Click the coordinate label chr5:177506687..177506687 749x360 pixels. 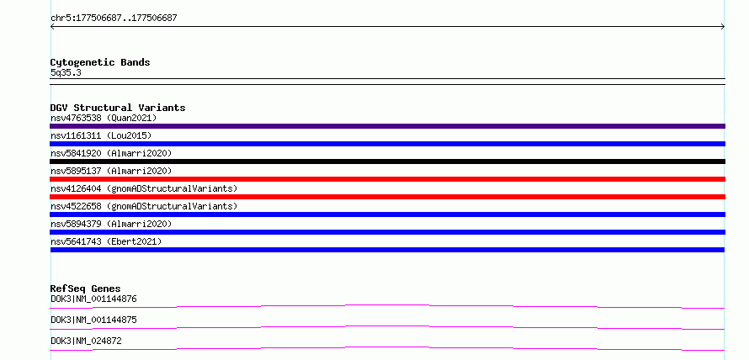114,19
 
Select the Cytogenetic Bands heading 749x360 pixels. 100,62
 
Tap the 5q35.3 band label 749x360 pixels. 66,72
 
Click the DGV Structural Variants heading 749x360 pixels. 118,108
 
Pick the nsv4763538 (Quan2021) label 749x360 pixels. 104,118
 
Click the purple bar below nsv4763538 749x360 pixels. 387,126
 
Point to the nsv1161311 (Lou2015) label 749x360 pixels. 101,135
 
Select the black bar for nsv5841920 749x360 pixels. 387,161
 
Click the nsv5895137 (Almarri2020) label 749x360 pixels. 111,171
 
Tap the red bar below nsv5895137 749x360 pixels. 387,179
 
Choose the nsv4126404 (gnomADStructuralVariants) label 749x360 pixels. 144,188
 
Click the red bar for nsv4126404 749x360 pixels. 387,197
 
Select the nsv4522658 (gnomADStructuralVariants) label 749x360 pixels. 144,206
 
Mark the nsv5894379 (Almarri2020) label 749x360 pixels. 111,224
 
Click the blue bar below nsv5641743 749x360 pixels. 387,250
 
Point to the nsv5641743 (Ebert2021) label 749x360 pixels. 106,241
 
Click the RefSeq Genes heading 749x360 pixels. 85,289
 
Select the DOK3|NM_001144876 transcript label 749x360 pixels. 93,299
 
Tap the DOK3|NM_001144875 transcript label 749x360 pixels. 93,320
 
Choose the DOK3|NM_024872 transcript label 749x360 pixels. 86,341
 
